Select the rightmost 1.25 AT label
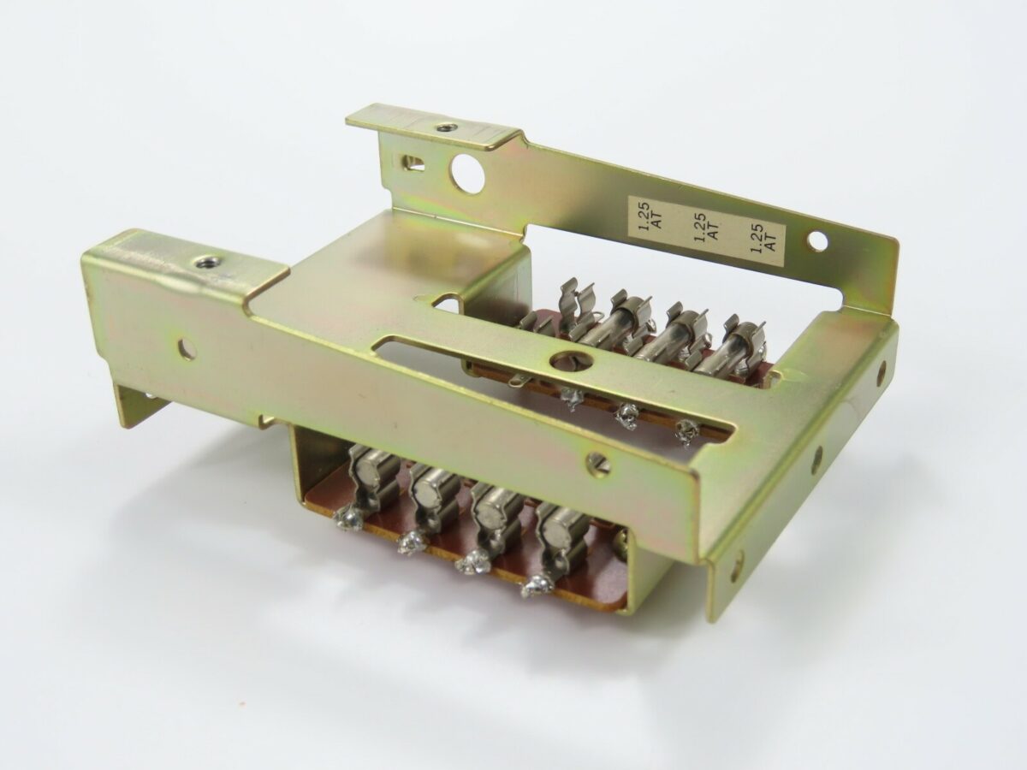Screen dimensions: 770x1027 [761, 236]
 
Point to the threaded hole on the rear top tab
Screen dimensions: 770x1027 [442, 128]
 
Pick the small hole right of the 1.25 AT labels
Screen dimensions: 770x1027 [817, 241]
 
